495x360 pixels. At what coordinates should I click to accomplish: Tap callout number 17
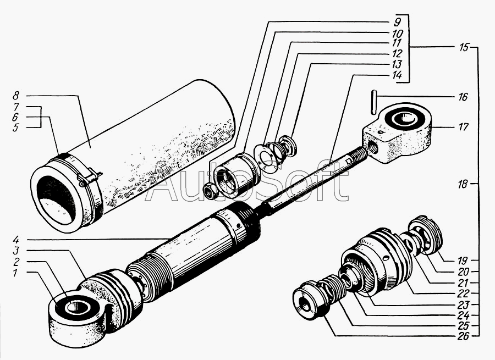463,127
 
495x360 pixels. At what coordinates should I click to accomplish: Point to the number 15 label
463,48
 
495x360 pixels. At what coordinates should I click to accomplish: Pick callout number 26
463,336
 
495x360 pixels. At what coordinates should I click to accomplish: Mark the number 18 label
463,185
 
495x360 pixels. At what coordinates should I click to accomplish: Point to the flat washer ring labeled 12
266,157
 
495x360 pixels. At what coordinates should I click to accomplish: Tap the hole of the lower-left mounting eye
75,307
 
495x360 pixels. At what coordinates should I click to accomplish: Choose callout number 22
463,293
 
